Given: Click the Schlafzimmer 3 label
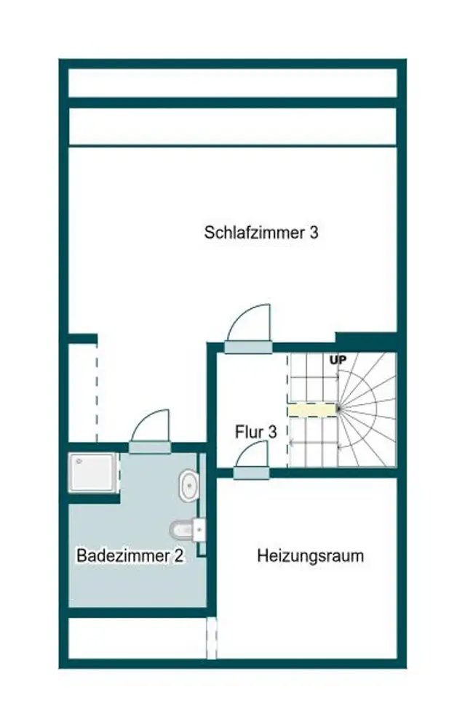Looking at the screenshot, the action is click(x=261, y=233).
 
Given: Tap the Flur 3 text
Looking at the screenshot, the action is click(x=255, y=431).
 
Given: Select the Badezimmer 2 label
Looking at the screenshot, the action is click(x=130, y=556).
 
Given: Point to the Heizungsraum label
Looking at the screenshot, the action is click(x=311, y=557).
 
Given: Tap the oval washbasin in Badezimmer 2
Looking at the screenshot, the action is click(x=189, y=485).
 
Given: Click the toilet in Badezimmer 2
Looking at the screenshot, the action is click(x=183, y=530).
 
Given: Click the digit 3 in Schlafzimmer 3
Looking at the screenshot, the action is click(x=314, y=233).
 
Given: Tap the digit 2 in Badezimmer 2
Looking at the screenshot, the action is click(x=178, y=556).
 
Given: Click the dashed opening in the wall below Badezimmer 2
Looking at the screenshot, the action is click(x=212, y=638).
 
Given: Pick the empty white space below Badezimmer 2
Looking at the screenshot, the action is click(x=137, y=638).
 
